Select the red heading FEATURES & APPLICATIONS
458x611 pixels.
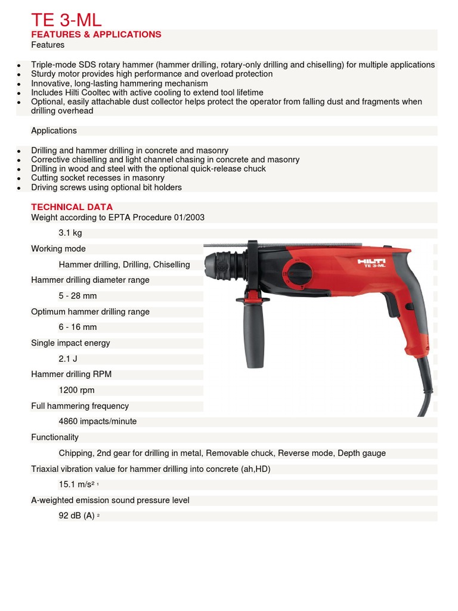(x=96, y=35)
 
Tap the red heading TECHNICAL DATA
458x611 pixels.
(x=72, y=207)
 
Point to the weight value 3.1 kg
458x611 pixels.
(x=70, y=233)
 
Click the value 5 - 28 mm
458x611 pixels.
(x=78, y=296)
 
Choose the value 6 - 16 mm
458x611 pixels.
(x=78, y=327)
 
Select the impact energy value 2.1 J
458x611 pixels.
(x=68, y=359)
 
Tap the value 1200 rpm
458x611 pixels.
(x=76, y=390)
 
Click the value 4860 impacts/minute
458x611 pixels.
(x=97, y=421)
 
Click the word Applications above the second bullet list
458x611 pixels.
(x=54, y=131)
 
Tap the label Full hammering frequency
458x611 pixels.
(x=80, y=406)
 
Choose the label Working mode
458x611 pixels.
(x=58, y=249)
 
